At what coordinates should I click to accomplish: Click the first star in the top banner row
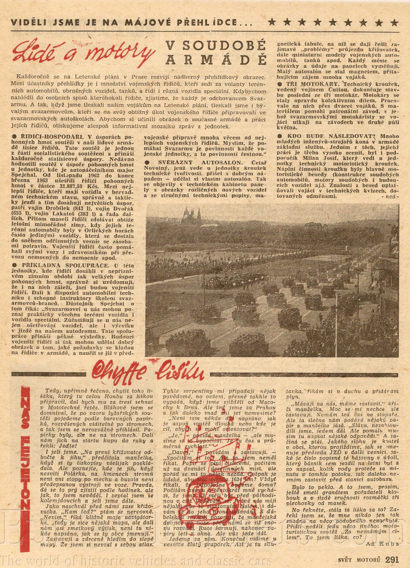tap(272, 23)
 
